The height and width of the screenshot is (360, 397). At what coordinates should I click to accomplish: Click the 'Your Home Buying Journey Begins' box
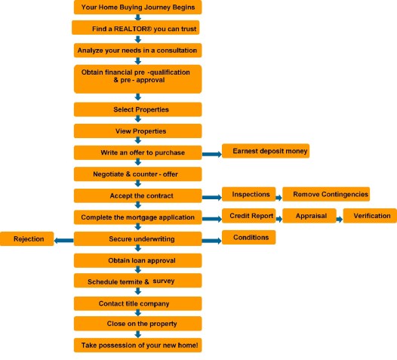pos(137,8)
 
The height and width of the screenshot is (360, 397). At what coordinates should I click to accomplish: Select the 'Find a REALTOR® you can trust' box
pos(137,28)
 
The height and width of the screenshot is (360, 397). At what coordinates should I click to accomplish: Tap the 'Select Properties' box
pos(137,109)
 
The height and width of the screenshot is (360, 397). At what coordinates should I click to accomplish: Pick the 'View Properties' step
pos(137,131)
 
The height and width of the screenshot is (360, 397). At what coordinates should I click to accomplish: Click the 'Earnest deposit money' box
pos(265,151)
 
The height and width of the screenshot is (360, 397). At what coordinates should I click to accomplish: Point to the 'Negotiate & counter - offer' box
pos(137,174)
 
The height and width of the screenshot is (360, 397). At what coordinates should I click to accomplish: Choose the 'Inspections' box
pos(247,194)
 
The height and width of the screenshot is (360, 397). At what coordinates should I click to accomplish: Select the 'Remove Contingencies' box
pos(326,194)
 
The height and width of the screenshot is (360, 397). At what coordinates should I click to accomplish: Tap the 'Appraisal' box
pos(309,216)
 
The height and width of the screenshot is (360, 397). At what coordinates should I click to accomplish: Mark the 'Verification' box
pos(370,216)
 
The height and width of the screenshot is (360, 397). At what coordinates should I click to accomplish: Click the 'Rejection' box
pos(27,238)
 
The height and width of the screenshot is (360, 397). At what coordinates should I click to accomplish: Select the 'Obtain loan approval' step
pos(137,260)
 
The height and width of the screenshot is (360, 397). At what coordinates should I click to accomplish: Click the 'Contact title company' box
pos(137,303)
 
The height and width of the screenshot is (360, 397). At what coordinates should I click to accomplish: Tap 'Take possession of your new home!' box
pos(137,345)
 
